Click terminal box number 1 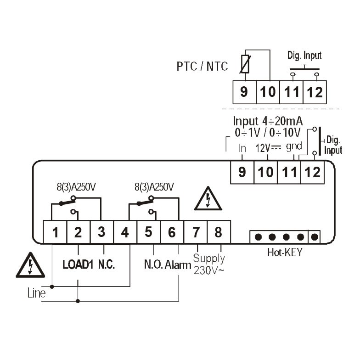56,232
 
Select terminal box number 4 125,232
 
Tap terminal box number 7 196,232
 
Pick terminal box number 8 218,232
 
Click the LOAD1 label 78,265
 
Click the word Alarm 179,265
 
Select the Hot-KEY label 284,252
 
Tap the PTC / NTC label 202,67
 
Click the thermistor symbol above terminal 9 245,63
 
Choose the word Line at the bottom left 37,293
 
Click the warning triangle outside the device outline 29,265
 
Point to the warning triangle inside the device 208,199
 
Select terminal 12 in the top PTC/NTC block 315,92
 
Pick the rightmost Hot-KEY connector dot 315,237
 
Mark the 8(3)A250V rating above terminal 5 154,187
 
